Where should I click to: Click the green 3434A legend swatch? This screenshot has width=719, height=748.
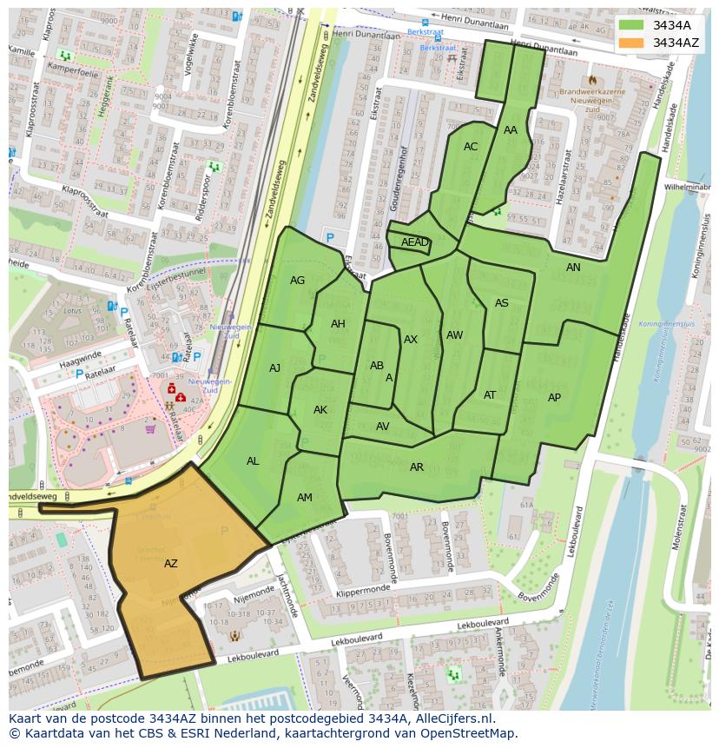click(631, 25)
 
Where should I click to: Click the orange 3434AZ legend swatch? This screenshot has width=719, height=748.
click(631, 43)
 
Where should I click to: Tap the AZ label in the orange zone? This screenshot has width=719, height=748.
click(171, 564)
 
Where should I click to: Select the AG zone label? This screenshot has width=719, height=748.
click(298, 281)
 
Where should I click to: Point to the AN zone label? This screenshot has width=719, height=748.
click(573, 268)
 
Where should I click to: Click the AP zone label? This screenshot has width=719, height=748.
click(554, 398)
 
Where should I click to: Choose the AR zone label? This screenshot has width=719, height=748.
click(417, 467)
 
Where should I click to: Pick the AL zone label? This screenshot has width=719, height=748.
click(253, 461)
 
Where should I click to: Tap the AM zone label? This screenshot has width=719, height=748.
click(305, 498)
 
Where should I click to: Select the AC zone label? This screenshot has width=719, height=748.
click(471, 147)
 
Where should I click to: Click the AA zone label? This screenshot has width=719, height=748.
click(511, 130)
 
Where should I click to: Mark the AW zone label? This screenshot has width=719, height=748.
click(454, 335)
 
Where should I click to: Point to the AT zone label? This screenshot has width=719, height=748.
click(490, 395)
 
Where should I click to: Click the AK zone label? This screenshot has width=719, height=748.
click(320, 410)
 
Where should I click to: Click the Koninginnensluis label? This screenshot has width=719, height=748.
click(663, 323)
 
